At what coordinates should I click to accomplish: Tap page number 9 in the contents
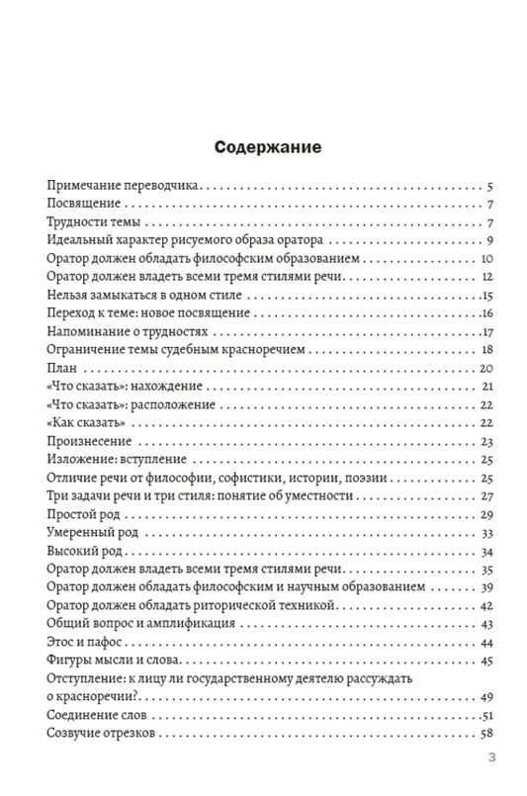(x=489, y=240)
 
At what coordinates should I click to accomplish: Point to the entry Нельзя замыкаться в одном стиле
(x=144, y=296)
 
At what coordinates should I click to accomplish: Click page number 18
(x=486, y=350)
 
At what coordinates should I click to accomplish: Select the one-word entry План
(x=61, y=368)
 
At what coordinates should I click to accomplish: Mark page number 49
(x=486, y=697)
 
